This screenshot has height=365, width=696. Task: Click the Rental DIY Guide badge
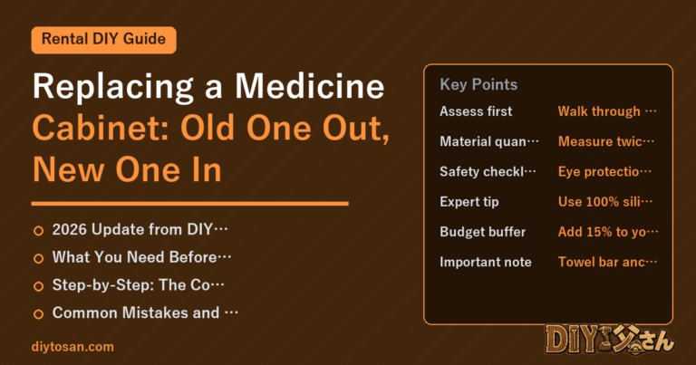(x=103, y=40)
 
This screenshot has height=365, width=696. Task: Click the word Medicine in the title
(x=309, y=86)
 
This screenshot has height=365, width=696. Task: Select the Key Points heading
(x=478, y=84)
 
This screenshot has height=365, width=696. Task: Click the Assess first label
(x=476, y=111)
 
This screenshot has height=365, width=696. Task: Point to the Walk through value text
(x=607, y=111)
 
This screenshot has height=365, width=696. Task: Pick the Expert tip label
(x=469, y=202)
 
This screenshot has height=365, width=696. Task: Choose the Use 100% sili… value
(x=605, y=202)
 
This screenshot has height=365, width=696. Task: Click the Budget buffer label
(x=482, y=232)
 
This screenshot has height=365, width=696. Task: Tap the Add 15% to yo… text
(x=608, y=232)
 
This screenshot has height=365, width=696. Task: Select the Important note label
(x=486, y=262)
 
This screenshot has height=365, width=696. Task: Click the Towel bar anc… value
(x=607, y=262)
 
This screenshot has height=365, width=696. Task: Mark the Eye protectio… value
(x=604, y=172)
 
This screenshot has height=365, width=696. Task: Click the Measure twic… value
(x=606, y=141)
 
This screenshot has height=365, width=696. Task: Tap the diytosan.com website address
(x=72, y=347)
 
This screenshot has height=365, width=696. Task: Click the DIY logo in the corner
(x=610, y=341)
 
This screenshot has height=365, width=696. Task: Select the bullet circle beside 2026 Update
(x=39, y=231)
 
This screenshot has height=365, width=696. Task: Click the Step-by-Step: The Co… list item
(x=138, y=285)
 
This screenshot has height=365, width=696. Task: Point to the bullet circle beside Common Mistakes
(x=39, y=314)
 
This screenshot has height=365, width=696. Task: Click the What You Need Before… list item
(x=141, y=257)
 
